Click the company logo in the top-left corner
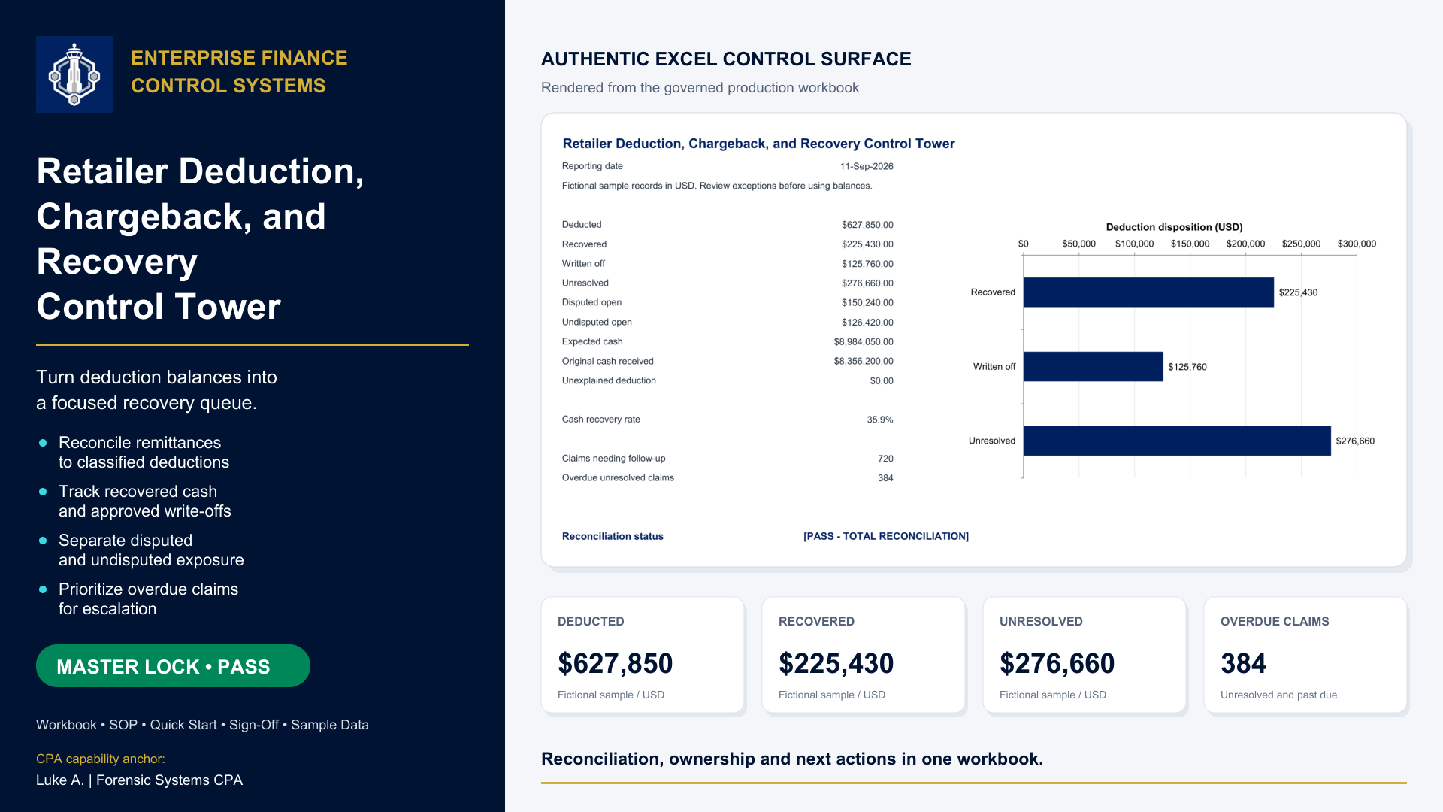click(74, 74)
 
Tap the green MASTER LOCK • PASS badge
click(173, 666)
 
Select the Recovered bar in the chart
click(1148, 292)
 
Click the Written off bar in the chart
click(1094, 367)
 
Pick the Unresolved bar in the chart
click(1177, 441)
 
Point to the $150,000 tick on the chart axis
click(1190, 244)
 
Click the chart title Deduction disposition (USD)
click(1174, 227)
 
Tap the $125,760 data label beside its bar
click(1187, 367)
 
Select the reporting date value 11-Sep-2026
click(867, 166)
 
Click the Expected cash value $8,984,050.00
click(864, 341)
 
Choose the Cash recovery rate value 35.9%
click(880, 420)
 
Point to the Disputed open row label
click(591, 302)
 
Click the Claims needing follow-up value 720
click(885, 459)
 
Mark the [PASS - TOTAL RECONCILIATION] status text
click(886, 536)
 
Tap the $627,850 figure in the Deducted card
click(615, 663)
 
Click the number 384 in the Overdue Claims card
click(1243, 663)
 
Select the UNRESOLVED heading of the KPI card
click(1041, 621)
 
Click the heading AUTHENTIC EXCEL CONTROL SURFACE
click(726, 59)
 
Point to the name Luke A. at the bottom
click(60, 780)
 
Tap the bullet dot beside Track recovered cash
click(43, 492)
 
